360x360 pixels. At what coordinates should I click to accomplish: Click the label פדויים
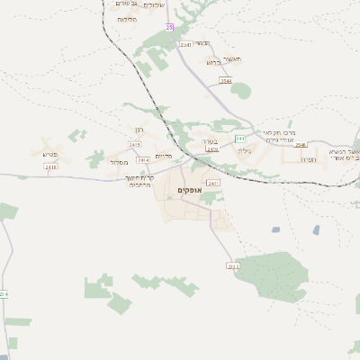[x=163, y=156]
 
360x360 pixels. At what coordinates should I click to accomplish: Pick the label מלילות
[x=127, y=19]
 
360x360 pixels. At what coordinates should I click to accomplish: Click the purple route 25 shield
[x=169, y=27]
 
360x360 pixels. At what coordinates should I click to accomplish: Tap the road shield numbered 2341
[x=185, y=44]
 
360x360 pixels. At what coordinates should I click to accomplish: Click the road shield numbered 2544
[x=225, y=81]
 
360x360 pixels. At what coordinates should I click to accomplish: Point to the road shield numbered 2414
[x=144, y=160]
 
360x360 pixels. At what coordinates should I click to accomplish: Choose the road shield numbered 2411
[x=212, y=183]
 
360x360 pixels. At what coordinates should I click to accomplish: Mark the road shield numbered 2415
[x=135, y=145]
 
